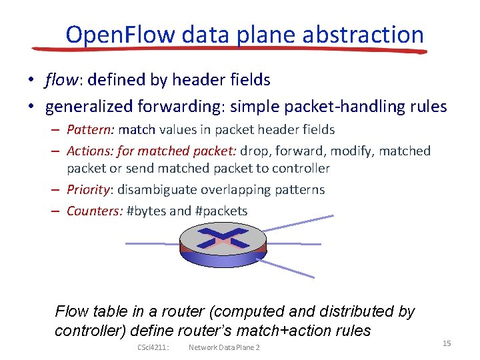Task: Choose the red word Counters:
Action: pos(94,211)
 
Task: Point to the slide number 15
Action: pos(447,343)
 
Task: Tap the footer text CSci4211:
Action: pos(153,347)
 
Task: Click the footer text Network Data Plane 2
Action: pos(224,347)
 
